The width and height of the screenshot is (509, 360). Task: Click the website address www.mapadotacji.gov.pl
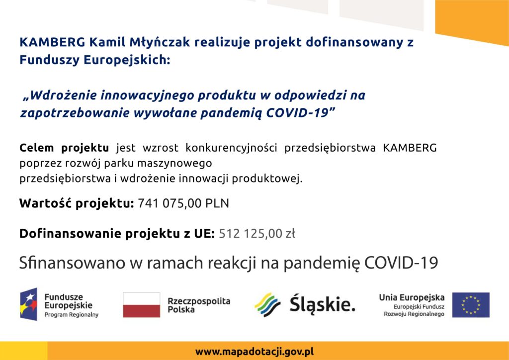[x=254, y=352]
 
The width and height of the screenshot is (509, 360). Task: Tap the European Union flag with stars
[x=471, y=305]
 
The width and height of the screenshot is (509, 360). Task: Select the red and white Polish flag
[x=142, y=305]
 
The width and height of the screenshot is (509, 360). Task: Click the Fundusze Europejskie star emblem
[x=28, y=304]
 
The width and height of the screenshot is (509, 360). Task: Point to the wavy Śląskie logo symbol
[x=267, y=305]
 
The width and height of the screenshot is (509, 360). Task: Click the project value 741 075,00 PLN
[x=183, y=203]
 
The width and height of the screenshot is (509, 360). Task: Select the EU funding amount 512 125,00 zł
[x=257, y=233]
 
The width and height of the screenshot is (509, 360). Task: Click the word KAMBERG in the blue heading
[x=53, y=42]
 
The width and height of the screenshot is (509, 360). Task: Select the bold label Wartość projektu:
[x=77, y=203]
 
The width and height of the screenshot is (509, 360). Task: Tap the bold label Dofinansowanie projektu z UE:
[x=117, y=234]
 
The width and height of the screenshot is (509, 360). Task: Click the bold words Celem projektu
[x=64, y=148]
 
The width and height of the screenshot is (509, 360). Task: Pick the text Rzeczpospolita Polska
[x=199, y=305]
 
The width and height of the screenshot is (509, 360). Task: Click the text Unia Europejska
[x=412, y=297]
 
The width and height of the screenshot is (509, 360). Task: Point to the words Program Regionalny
[x=72, y=315]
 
